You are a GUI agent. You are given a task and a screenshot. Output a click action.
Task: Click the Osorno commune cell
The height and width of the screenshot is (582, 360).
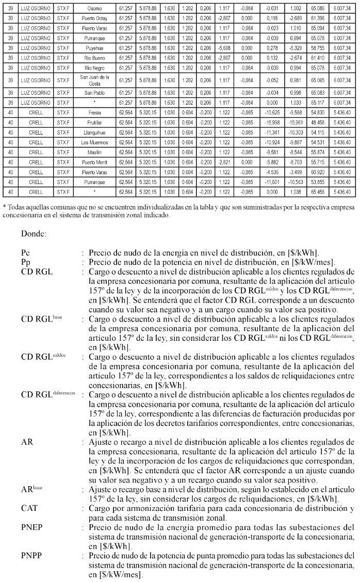pyautogui.click(x=94, y=9)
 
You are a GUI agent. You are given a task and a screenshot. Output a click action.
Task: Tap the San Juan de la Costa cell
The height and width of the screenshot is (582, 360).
pyautogui.click(x=94, y=80)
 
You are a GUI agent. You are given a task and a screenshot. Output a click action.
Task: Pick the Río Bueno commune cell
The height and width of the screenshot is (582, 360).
pyautogui.click(x=94, y=57)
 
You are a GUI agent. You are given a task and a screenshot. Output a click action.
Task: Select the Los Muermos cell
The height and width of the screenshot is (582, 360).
pyautogui.click(x=94, y=143)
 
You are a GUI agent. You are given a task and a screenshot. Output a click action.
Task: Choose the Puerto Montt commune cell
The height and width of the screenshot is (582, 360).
pyautogui.click(x=94, y=162)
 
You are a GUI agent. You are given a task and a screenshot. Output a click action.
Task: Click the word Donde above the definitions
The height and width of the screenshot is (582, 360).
pyautogui.click(x=34, y=234)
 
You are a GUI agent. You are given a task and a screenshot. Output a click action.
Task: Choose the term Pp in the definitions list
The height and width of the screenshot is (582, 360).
pyautogui.click(x=26, y=262)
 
